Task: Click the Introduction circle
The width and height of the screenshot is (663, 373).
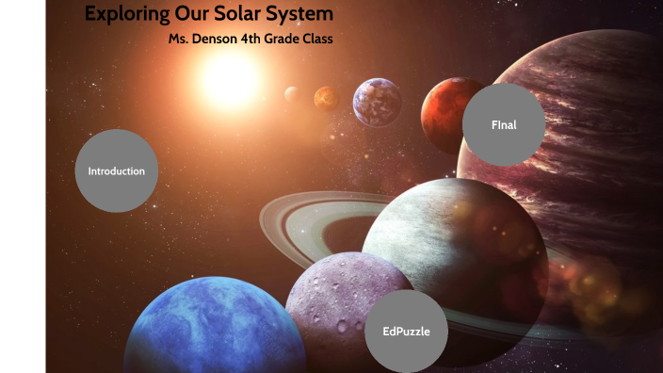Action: tap(116, 170)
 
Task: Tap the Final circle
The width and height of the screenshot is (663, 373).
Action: tap(504, 124)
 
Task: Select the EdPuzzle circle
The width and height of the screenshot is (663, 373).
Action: tap(406, 331)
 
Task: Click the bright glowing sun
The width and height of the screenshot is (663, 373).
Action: tap(230, 80)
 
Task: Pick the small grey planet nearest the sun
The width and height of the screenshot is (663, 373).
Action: tap(292, 93)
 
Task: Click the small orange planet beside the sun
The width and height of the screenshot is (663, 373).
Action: tap(326, 98)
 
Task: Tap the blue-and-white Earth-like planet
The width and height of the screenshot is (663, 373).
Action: tap(378, 102)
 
